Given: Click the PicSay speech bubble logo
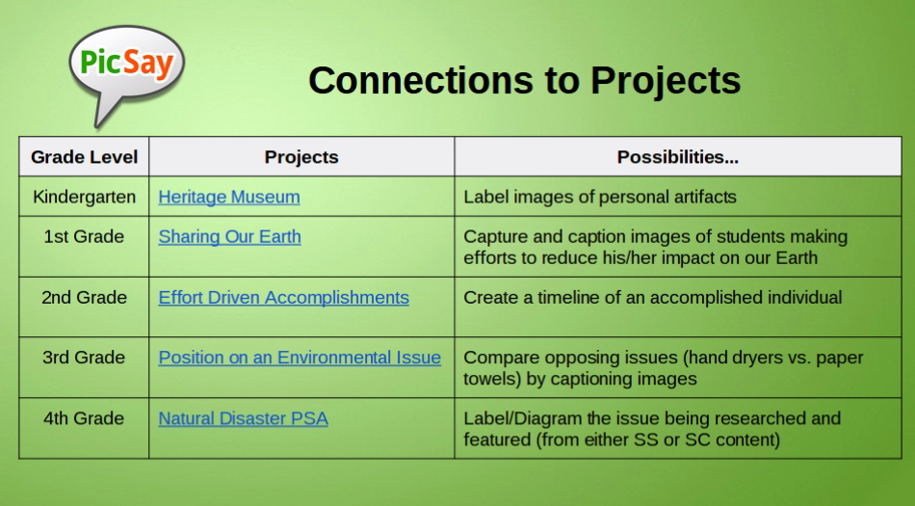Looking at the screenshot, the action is click(126, 68).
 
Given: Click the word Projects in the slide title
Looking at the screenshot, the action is click(666, 81).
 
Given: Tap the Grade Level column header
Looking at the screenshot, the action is click(84, 157).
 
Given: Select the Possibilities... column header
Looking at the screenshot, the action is click(678, 157).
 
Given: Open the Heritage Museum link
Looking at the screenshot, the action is click(229, 198).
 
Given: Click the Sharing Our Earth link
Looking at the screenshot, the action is click(230, 237).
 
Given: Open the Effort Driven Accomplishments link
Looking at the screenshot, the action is click(283, 298).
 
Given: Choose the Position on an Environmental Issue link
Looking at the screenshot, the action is click(300, 358).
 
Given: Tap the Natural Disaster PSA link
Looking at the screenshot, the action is click(244, 418).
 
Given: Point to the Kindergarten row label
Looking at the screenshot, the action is click(85, 198).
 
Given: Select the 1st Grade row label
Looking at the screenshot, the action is click(84, 237).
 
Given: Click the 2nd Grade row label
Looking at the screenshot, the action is click(84, 298).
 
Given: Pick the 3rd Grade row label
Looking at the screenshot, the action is click(84, 358).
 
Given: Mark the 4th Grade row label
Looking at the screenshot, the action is click(84, 418).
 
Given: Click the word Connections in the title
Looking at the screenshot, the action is click(420, 81).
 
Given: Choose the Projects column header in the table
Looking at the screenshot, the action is click(301, 157).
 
